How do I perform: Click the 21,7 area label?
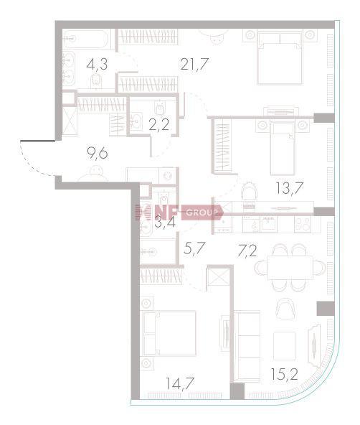[x=194, y=64]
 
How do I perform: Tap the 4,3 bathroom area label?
[x=97, y=65]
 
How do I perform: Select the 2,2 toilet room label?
[x=159, y=124]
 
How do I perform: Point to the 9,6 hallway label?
[x=98, y=154]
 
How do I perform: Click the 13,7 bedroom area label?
[x=289, y=188]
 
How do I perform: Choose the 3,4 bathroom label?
[x=165, y=222]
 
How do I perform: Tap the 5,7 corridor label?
[x=194, y=248]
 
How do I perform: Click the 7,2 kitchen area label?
[x=247, y=251]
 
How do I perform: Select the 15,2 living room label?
[x=285, y=374]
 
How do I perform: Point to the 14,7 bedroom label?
[x=180, y=383]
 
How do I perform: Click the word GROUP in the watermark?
[x=202, y=212]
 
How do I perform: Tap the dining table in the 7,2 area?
[x=290, y=268]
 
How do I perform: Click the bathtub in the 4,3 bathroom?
[x=86, y=39]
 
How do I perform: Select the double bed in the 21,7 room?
[x=280, y=57]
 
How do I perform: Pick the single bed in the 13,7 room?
[x=282, y=148]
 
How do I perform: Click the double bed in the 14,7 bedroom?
[x=169, y=333]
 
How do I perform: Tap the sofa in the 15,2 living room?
[x=247, y=346]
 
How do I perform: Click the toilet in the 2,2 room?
[x=159, y=108]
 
